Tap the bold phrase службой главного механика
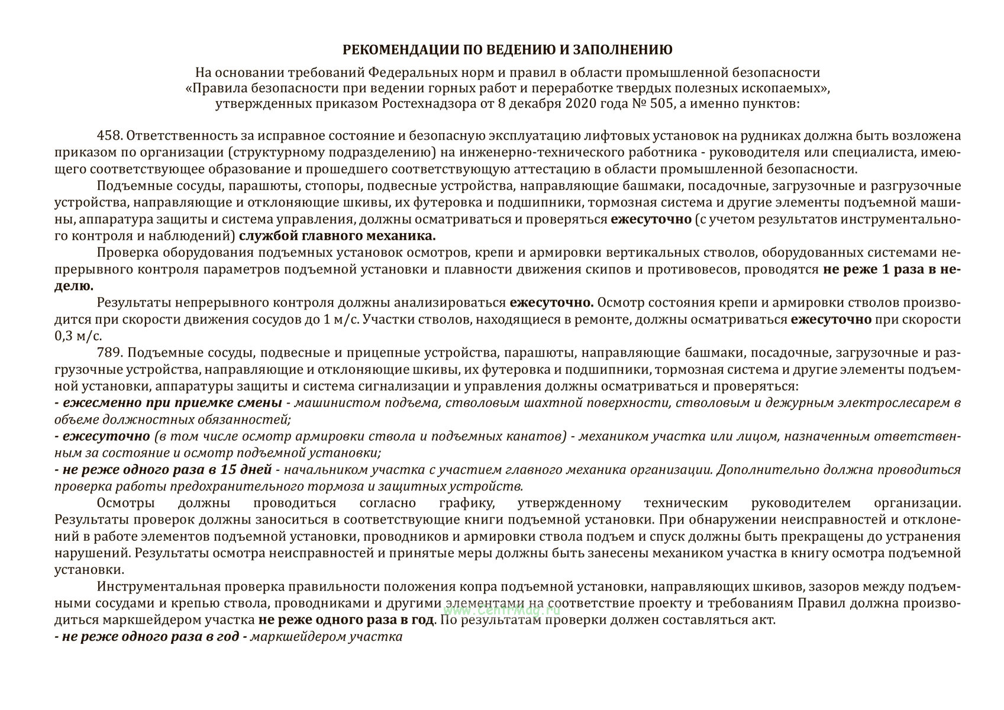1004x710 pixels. [338, 236]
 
